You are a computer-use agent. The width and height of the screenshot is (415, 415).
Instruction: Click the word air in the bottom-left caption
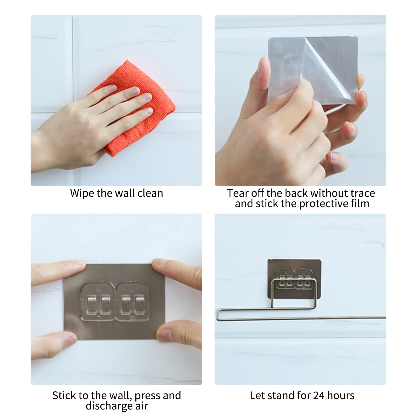(141, 406)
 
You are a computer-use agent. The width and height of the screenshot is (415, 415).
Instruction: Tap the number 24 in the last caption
(319, 396)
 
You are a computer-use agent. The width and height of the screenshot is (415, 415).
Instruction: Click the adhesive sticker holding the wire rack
(294, 267)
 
